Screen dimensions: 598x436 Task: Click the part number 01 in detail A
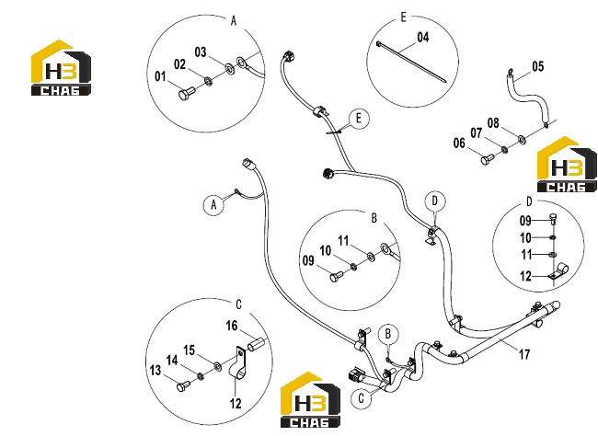click(x=160, y=76)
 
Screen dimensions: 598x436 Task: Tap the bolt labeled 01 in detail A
click(x=187, y=93)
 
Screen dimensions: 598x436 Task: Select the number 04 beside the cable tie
click(x=423, y=38)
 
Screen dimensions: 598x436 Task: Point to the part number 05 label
click(x=538, y=67)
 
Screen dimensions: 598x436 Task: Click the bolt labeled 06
click(x=488, y=159)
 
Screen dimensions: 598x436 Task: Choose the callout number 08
click(x=493, y=123)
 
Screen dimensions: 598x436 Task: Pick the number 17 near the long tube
click(x=524, y=354)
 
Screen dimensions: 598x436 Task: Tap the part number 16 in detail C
click(x=232, y=326)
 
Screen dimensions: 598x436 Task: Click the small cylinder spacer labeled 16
click(x=254, y=344)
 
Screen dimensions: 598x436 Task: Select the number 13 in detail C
click(x=155, y=370)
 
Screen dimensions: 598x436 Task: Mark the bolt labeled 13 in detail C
click(x=183, y=386)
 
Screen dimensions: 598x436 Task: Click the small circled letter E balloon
click(x=358, y=119)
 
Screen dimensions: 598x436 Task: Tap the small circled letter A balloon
click(x=213, y=204)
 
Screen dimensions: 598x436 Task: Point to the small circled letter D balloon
click(x=435, y=201)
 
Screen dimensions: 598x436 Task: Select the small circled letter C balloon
click(x=362, y=398)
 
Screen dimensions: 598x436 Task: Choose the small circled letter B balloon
click(x=388, y=334)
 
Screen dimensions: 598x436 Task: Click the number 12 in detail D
click(x=525, y=276)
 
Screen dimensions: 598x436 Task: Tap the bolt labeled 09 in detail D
click(x=553, y=219)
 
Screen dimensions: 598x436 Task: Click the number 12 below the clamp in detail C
click(x=236, y=403)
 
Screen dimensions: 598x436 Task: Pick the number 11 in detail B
click(x=344, y=241)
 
